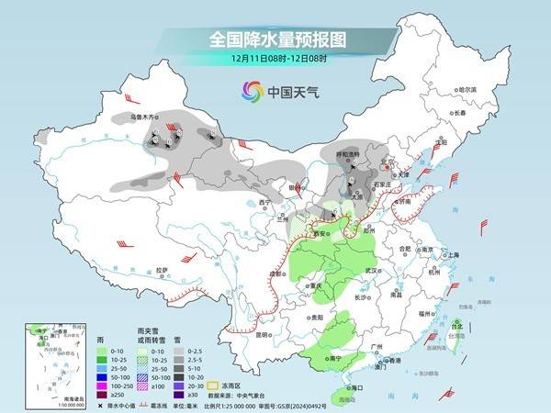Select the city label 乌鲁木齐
pos(144,117)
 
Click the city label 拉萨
pos(163,270)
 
